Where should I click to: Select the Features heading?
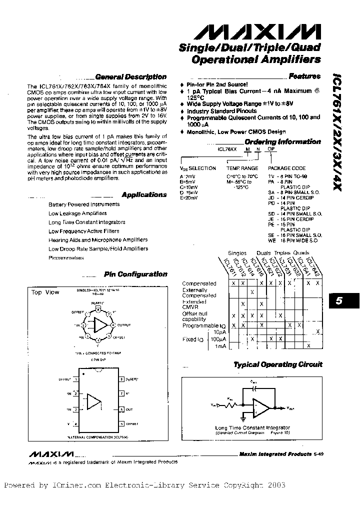pos(304,76)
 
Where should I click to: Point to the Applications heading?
pos(144,194)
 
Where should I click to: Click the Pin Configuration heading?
pos(135,274)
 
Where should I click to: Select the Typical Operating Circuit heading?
pos(278,364)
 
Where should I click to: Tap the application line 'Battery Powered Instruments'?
pos(84,204)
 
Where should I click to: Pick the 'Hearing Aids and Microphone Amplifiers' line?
pos(98,240)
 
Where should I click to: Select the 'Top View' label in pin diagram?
pos(44,292)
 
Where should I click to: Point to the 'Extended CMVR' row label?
pos(194,304)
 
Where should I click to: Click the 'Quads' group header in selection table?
pos(301,253)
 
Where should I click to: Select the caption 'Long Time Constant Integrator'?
pos(252,428)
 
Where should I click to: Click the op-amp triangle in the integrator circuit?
pos(260,407)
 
